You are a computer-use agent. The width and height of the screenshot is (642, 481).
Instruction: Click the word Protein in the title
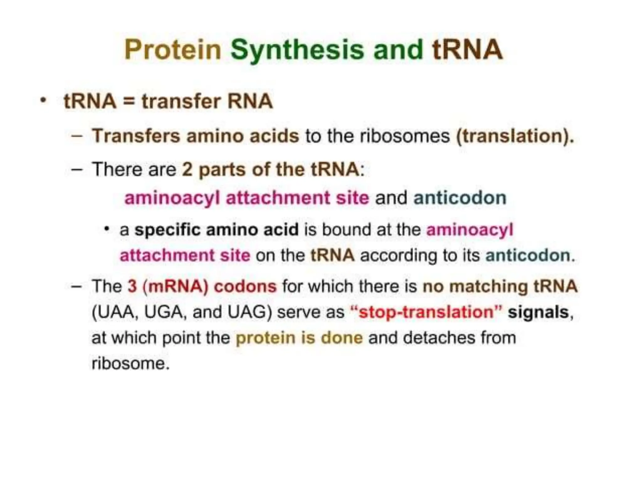click(x=173, y=50)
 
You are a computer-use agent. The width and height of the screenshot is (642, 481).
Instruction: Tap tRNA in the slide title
click(x=467, y=50)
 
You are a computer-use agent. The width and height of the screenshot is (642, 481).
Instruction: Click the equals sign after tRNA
click(x=129, y=102)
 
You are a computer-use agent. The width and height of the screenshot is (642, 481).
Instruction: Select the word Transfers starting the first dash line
click(x=136, y=136)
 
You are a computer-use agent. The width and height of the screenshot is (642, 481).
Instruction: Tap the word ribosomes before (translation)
click(x=404, y=136)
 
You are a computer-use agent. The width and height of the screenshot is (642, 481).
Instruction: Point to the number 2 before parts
click(x=187, y=169)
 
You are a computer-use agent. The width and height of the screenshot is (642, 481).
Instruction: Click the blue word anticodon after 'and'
click(x=460, y=198)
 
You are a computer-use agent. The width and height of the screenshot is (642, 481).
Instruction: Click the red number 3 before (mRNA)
click(x=132, y=286)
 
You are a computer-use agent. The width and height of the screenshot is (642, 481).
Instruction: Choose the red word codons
click(x=245, y=286)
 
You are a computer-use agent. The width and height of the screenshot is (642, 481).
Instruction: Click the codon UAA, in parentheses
click(x=115, y=312)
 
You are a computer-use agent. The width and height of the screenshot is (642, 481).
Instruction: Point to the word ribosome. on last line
click(x=130, y=363)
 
